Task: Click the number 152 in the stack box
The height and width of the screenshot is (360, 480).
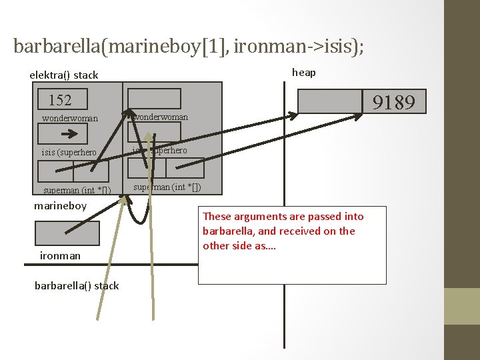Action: click(60, 101)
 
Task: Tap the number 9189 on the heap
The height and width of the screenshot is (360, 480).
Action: click(393, 102)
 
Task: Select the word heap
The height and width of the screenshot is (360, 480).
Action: click(304, 72)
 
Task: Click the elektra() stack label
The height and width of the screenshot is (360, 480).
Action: click(63, 75)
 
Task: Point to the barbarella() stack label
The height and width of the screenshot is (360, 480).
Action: click(77, 285)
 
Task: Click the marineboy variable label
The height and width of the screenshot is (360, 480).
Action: click(60, 205)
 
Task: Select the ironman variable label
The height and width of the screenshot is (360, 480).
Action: click(60, 255)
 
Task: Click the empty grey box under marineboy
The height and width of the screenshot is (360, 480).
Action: click(67, 233)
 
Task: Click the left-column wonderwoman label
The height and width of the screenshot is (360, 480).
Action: click(69, 119)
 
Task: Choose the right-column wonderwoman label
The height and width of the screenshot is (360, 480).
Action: click(161, 117)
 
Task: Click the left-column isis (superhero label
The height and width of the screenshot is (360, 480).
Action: click(69, 152)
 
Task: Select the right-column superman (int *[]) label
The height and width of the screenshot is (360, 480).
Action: click(167, 187)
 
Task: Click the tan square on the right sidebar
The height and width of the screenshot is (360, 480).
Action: click(462, 306)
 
